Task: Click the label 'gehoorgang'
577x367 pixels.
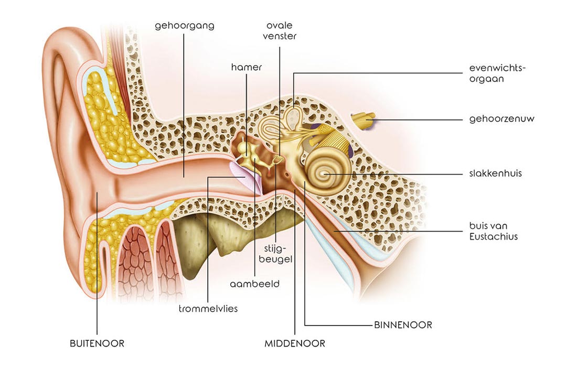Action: coord(184,26)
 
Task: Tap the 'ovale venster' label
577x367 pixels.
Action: coord(280,30)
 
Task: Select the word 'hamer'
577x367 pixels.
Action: coord(247,67)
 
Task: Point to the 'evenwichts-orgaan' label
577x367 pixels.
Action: coord(497,73)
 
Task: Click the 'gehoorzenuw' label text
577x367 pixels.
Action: coord(501,119)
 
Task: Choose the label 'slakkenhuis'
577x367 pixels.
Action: coord(495,173)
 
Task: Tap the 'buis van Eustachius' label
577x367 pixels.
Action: coord(494,231)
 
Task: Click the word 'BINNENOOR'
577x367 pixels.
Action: coord(403,325)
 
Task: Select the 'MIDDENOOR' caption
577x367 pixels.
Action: coord(295,343)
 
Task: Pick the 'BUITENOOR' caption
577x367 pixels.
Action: coord(97,343)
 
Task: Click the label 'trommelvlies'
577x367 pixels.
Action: coord(208,308)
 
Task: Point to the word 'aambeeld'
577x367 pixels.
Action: coord(254,284)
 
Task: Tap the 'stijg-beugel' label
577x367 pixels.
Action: coord(275,254)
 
